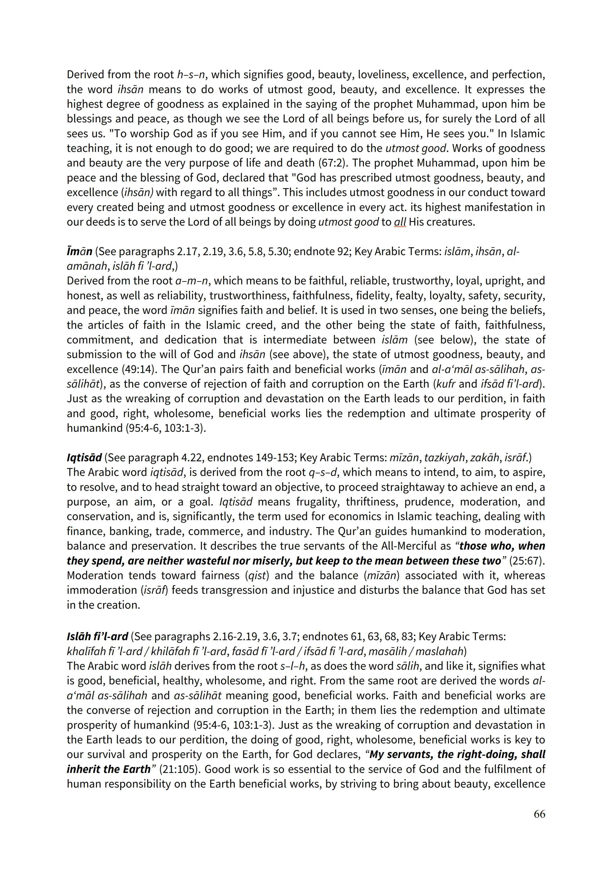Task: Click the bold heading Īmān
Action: pyautogui.click(x=79, y=251)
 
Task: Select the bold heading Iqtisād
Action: pyautogui.click(x=84, y=458)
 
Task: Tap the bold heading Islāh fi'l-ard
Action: pyautogui.click(x=97, y=637)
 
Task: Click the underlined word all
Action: pyautogui.click(x=400, y=222)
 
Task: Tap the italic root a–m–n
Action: pyautogui.click(x=191, y=281)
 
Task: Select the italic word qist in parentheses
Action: pyautogui.click(x=257, y=575)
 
